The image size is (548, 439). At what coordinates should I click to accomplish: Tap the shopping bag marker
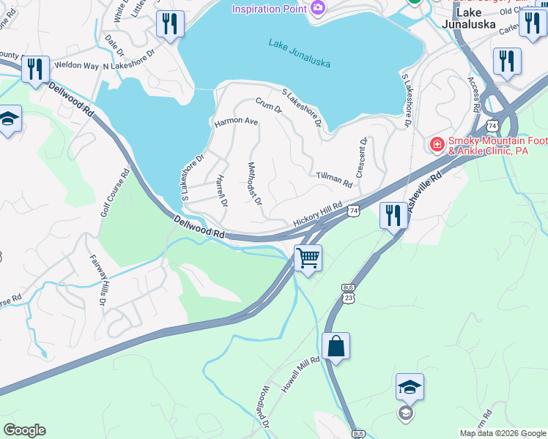coord(336,346)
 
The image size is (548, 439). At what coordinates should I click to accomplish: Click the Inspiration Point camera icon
coord(318,8)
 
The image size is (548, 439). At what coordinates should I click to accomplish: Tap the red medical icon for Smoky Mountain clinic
coord(437,145)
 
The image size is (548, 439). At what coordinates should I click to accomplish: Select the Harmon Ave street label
coord(236,121)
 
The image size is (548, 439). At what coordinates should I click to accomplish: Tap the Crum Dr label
coord(269,106)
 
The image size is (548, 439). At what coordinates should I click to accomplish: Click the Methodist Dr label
coord(255,183)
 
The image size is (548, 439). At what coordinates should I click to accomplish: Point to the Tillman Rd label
coord(335,177)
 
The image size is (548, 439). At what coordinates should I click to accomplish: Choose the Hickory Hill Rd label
coord(318,214)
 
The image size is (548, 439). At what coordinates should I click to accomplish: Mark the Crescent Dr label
coord(362,157)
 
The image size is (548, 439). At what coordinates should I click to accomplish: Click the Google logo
coord(24,430)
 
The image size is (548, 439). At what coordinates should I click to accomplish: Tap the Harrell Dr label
coord(222,190)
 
